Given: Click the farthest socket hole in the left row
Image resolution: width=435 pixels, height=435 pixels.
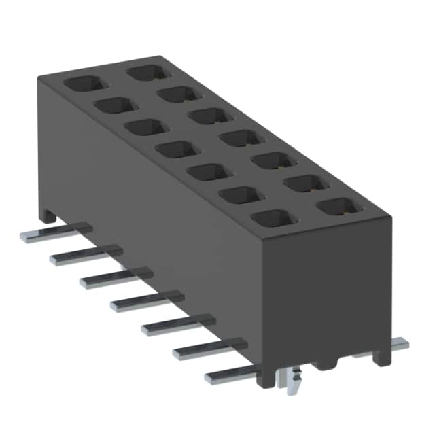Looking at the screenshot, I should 86,84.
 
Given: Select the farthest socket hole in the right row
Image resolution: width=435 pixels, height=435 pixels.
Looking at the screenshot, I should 147,71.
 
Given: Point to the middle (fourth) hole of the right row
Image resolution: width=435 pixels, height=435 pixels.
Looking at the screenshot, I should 241,139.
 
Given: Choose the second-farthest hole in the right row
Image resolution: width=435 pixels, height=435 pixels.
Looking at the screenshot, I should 179,94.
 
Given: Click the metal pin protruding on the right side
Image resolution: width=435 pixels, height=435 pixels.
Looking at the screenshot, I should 394,344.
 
